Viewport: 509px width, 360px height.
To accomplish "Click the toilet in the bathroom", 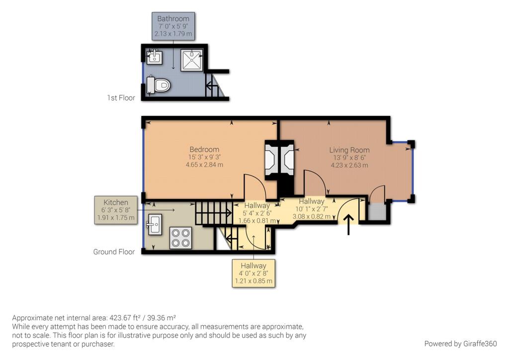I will click(x=161, y=85).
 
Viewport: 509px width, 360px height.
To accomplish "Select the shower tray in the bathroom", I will click(x=191, y=60).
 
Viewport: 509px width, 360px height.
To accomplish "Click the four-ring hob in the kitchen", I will click(x=180, y=237).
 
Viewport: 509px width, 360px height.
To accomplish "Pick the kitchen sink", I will click(x=154, y=225).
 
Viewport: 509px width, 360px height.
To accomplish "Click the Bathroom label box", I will click(x=173, y=26).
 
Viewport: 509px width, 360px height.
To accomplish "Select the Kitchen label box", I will click(x=115, y=210).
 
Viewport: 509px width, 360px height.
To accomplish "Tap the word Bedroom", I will click(x=204, y=149).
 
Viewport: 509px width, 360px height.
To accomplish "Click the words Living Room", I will click(x=349, y=150).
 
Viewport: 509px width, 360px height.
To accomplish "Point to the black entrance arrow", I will click(x=348, y=224).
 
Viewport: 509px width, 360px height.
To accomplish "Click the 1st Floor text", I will click(x=121, y=98).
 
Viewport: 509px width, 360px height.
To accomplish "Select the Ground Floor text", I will click(x=114, y=252).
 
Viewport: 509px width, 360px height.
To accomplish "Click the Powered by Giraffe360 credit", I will click(x=460, y=344).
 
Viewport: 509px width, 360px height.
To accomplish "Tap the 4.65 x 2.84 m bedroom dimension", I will click(x=204, y=165).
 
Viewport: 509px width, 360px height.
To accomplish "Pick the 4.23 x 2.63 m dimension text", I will click(x=349, y=165).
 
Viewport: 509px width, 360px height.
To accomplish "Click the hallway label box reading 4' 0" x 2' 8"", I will click(x=254, y=273).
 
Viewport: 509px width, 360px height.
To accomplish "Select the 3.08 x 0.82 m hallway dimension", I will click(x=312, y=216).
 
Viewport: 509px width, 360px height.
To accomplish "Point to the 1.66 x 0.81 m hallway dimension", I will click(x=257, y=220).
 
